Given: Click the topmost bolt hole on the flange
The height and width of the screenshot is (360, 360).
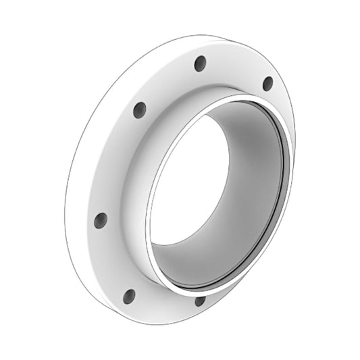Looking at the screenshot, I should pos(200,63).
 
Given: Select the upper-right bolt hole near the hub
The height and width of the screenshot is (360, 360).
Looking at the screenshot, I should pos(267,83).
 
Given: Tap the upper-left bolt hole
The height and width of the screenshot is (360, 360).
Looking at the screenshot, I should pos(140,109).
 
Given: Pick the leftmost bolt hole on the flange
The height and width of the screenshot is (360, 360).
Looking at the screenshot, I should pos(101,220).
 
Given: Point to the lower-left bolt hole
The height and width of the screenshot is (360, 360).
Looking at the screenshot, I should pos(129,296).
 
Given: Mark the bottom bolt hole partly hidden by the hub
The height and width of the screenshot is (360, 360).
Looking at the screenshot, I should pos(199,301).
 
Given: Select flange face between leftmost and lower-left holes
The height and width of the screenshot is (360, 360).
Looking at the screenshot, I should pos(111,260).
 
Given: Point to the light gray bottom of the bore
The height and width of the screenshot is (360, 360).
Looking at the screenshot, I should pos(203,267).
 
